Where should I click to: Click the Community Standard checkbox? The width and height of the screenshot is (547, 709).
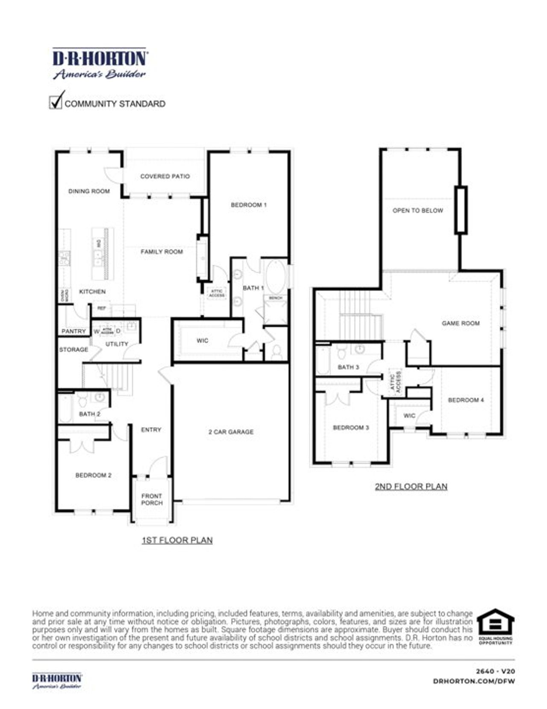tap(56, 102)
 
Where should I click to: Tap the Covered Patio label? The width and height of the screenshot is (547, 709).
tap(165, 176)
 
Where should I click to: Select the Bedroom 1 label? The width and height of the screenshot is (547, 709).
tap(249, 205)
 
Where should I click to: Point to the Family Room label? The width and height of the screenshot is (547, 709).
tap(162, 252)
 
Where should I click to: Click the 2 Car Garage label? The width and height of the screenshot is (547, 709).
tap(231, 432)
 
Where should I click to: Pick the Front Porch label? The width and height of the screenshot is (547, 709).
tap(152, 499)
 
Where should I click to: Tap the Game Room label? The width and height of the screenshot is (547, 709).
tap(461, 323)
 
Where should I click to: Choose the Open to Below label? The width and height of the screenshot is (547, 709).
tap(418, 210)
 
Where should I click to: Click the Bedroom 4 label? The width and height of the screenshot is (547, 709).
tap(466, 400)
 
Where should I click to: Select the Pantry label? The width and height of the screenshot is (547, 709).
tap(74, 331)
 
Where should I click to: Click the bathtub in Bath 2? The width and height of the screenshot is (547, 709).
tap(65, 408)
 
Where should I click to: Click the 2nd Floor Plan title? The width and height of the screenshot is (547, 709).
tap(411, 487)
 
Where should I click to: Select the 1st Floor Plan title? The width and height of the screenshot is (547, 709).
tap(177, 541)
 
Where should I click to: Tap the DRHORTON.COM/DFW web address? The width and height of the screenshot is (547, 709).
tap(474, 681)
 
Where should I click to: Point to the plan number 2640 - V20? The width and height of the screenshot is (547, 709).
tap(495, 672)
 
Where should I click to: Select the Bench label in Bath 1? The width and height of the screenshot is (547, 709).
tap(276, 298)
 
